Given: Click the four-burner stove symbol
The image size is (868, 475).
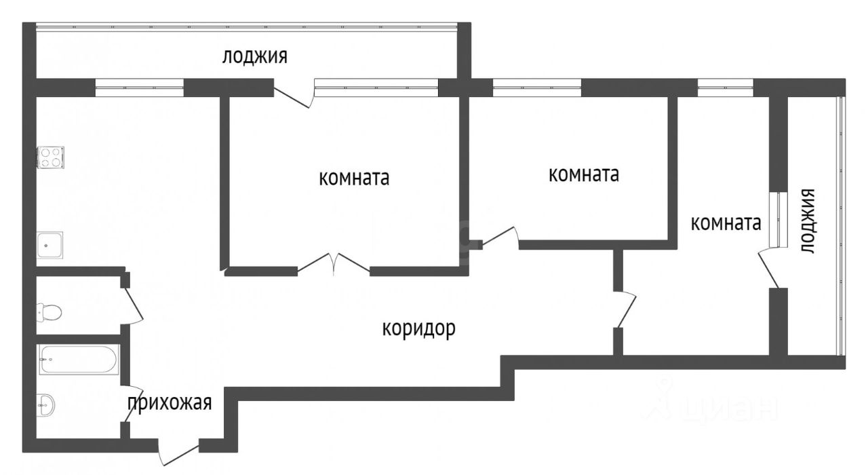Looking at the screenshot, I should pyautogui.click(x=51, y=157).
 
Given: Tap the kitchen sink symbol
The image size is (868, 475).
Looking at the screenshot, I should pyautogui.click(x=50, y=245).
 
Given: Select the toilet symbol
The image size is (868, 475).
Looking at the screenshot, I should pyautogui.click(x=49, y=312).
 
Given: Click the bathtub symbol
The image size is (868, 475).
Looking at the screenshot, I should pyautogui.click(x=79, y=359).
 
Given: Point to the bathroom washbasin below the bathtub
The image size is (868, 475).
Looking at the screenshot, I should pyautogui.click(x=45, y=405).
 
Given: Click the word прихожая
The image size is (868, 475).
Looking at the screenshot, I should pyautogui.click(x=170, y=402).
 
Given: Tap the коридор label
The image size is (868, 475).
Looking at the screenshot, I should pyautogui.click(x=418, y=329).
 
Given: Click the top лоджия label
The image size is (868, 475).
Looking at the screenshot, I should pyautogui.click(x=254, y=56).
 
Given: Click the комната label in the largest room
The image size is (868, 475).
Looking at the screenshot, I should pyautogui.click(x=353, y=178).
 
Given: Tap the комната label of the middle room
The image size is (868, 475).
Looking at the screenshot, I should pyautogui.click(x=583, y=174).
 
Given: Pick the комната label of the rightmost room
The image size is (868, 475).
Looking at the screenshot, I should pyautogui.click(x=725, y=223).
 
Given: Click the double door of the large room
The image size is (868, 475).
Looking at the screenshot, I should pyautogui.click(x=334, y=265).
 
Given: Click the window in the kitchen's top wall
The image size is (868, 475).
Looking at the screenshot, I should pyautogui.click(x=139, y=88).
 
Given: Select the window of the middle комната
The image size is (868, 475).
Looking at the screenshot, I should pyautogui.click(x=536, y=88).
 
